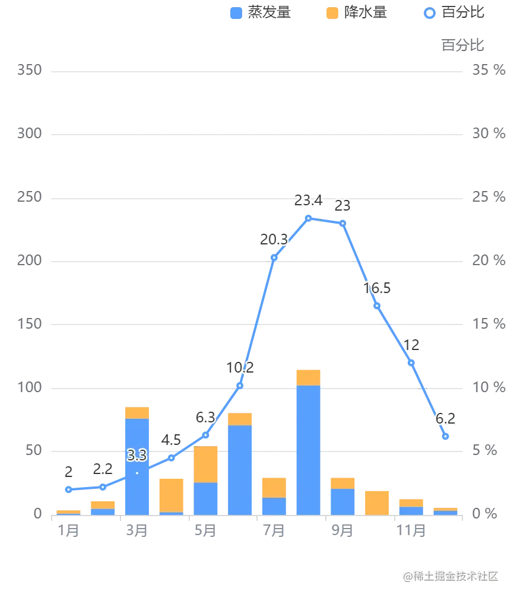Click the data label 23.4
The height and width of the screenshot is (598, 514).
coord(308,201)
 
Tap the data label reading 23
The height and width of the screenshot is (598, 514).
coord(342,206)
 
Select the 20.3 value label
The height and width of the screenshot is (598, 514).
coord(274,239)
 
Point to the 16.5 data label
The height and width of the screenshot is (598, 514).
coord(377,288)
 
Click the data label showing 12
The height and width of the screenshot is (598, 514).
coord(411,345)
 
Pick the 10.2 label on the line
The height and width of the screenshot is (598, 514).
coord(240,368)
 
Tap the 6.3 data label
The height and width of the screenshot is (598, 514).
coord(205,418)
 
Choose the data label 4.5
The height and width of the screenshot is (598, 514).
coord(172,440)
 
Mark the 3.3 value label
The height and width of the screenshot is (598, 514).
coord(137,456)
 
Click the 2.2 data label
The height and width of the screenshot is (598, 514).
coord(103,469)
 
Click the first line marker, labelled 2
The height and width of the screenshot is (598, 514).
coord(68,489)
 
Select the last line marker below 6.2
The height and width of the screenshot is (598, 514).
coord(446,437)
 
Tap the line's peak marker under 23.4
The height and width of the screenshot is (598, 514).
coord(308,218)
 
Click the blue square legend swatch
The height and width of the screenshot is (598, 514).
coord(235,12)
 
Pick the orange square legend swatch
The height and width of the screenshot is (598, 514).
coord(333,12)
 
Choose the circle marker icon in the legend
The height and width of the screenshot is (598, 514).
coord(430,12)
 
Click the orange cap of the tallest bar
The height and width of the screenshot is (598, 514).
coord(308,377)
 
